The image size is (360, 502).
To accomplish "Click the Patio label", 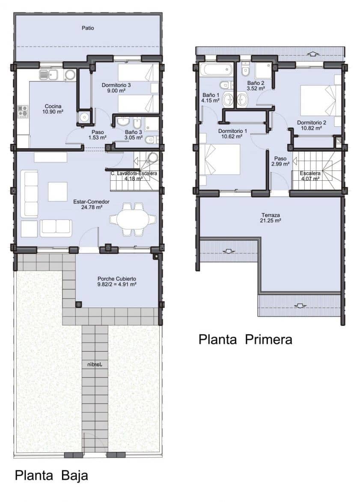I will click(88, 28).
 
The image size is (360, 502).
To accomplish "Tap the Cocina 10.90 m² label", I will click(53, 109).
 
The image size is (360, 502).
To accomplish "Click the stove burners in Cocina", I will click(23, 112).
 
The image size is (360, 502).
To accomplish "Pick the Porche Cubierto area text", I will click(116, 281).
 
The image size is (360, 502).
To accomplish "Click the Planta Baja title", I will click(51, 475).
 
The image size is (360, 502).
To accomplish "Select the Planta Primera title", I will click(245, 339).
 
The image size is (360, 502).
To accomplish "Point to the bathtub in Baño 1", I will click(217, 69).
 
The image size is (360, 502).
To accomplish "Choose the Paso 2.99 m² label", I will click(280, 161).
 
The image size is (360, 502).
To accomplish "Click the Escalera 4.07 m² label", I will click(310, 176).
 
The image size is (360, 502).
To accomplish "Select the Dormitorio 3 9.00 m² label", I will click(116, 88).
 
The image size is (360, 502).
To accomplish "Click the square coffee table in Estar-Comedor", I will click(57, 191).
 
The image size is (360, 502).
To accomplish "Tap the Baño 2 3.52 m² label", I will click(256, 86).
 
